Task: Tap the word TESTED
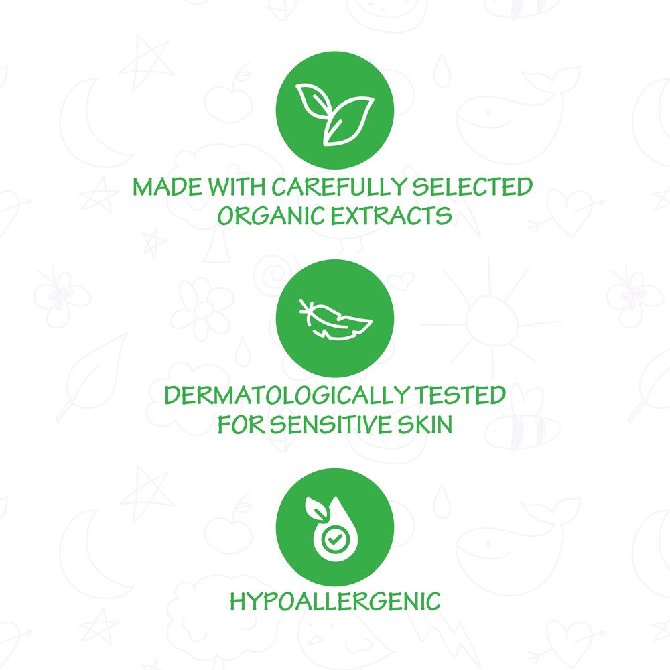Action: tap(468, 395)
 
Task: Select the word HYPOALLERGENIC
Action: tap(335, 601)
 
